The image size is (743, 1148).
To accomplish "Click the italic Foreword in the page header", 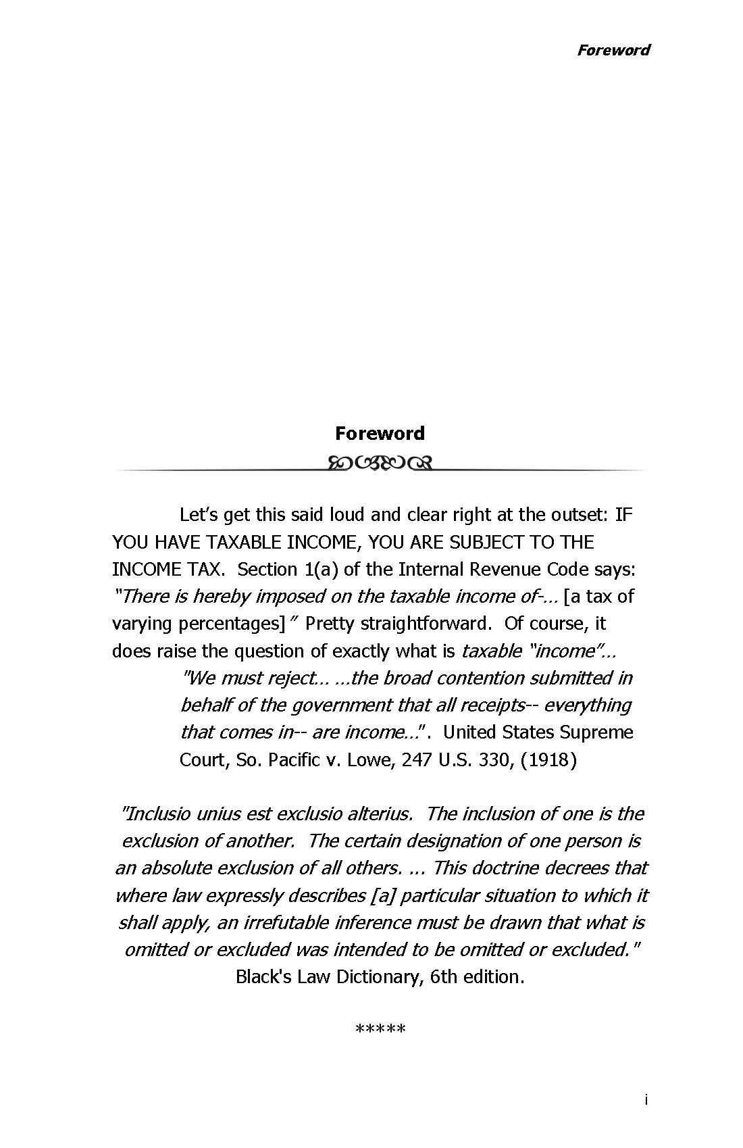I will [613, 50].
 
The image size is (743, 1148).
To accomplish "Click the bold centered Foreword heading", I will [380, 433].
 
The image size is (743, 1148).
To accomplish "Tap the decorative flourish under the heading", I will [380, 463].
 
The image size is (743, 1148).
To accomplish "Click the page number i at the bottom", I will [646, 1100].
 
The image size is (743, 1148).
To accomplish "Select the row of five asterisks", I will [380, 1030].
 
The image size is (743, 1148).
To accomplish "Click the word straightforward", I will [424, 623].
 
